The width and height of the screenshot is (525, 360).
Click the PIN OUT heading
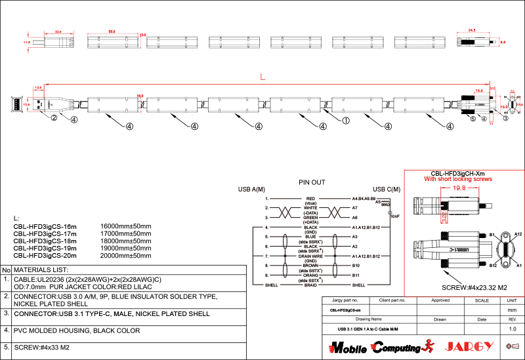[x=312, y=182]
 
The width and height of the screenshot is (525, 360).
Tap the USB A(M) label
[x=251, y=190]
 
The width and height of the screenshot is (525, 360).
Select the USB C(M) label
[x=387, y=190]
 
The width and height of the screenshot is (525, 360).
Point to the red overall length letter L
[x=262, y=77]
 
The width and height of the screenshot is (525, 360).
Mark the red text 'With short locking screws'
[x=457, y=179]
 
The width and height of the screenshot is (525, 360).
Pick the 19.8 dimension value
[x=459, y=188]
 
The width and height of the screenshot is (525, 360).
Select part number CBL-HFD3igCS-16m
[x=45, y=226]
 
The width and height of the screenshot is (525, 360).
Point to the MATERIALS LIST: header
[x=41, y=270]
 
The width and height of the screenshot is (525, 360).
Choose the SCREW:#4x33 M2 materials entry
[x=43, y=348]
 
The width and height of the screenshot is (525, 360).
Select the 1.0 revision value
[x=513, y=329]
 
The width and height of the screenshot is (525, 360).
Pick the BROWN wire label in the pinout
[x=311, y=265]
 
